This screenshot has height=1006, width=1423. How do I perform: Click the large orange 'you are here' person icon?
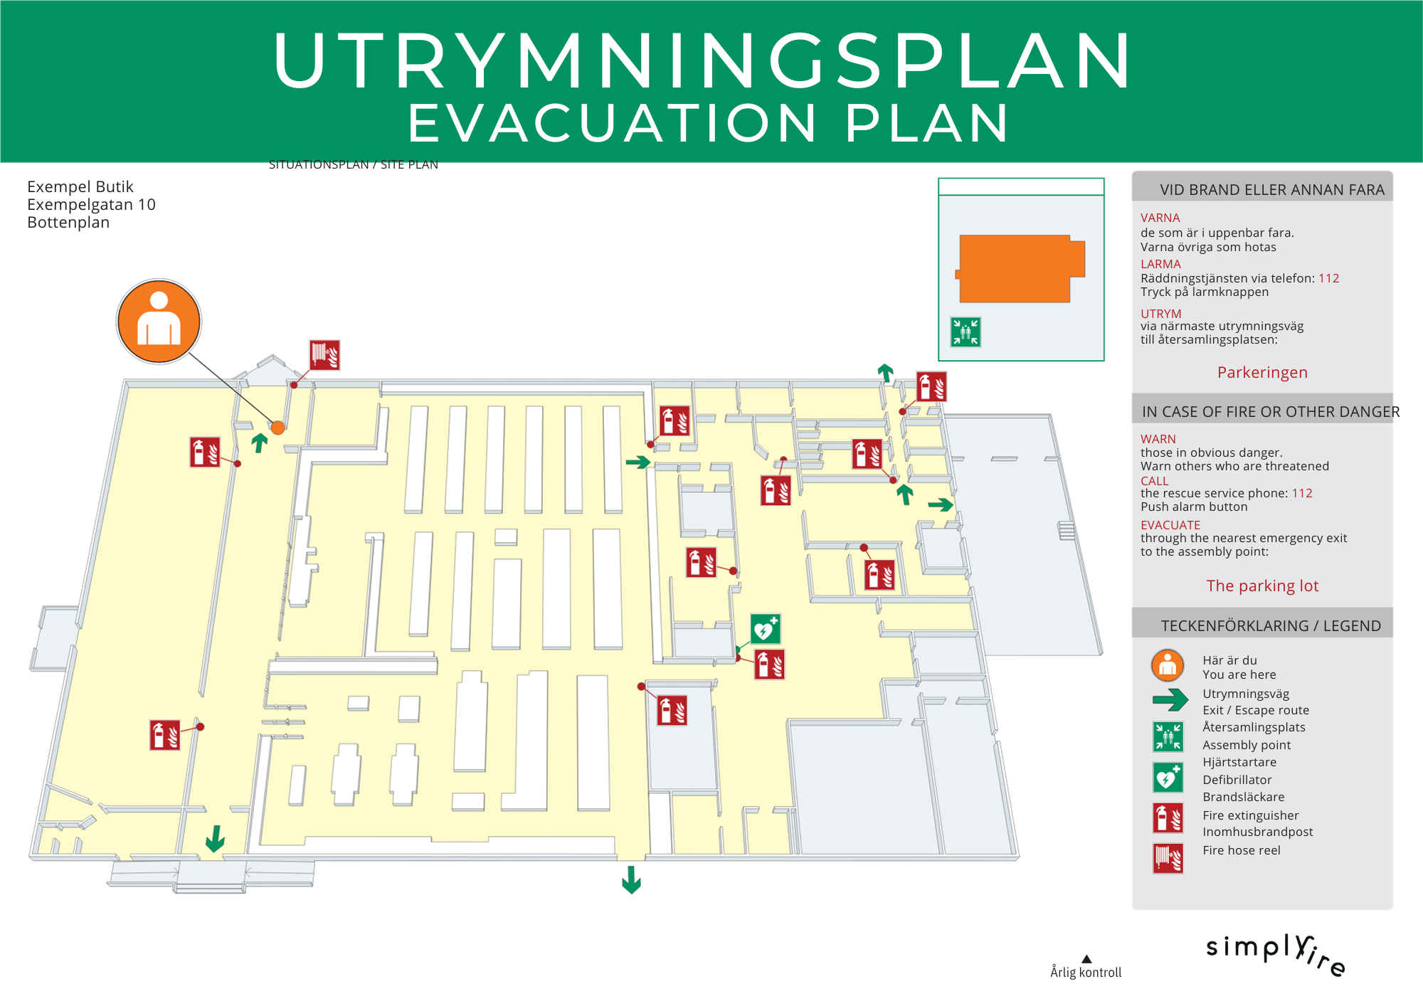(159, 321)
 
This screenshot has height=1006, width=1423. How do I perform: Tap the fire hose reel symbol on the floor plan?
(324, 355)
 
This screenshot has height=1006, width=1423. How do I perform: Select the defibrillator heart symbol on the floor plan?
(766, 628)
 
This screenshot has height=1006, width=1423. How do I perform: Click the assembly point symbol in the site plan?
(966, 332)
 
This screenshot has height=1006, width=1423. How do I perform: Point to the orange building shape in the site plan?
(1017, 268)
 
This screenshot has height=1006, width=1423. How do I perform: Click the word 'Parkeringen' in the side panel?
(1261, 372)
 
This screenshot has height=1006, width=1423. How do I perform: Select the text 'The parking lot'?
(1261, 586)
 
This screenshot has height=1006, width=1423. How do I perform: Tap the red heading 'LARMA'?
(1160, 264)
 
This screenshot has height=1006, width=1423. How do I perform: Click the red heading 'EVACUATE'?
(1170, 525)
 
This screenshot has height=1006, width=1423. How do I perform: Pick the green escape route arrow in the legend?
(1170, 700)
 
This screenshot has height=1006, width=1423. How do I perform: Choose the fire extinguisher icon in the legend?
(1168, 818)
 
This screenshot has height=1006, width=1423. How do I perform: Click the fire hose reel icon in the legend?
(1168, 858)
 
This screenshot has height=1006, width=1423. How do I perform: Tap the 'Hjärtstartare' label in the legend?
(1239, 762)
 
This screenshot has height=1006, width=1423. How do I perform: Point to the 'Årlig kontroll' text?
(1086, 972)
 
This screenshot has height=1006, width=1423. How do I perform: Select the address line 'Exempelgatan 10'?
(91, 205)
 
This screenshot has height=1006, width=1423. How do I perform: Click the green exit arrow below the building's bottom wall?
(631, 879)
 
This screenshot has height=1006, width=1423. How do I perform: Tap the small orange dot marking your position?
(278, 428)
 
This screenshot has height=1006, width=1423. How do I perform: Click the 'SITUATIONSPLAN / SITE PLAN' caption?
(354, 165)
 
